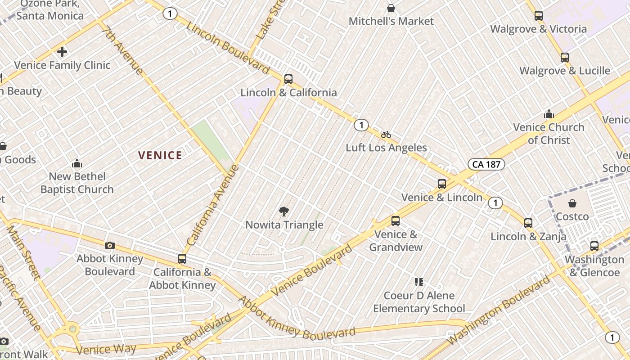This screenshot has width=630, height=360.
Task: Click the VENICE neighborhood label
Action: coord(160,156)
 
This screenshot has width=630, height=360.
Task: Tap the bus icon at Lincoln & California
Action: coord(288,79)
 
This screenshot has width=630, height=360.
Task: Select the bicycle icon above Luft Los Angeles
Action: coord(386,134)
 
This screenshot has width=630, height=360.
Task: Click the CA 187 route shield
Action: coord(486,164)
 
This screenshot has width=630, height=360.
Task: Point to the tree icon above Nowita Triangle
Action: coord(284,211)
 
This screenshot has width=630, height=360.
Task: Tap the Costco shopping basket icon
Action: coord(572,203)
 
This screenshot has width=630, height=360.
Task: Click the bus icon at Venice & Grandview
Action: coord(396,220)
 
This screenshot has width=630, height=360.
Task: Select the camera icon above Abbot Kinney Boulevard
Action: coord(109,245)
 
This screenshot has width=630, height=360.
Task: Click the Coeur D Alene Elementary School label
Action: coord(419,302)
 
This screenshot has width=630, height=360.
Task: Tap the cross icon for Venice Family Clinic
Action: coord(62,52)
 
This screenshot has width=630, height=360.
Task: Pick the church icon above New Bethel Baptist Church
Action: coord(77,163)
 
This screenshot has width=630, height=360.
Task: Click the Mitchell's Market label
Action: coord(391,21)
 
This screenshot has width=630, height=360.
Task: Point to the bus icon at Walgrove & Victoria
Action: coord(539,16)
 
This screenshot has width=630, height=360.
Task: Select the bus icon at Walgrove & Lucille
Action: coord(565,57)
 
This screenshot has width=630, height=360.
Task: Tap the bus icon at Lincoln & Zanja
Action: coord(528,223)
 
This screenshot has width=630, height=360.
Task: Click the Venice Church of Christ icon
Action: coord(549,114)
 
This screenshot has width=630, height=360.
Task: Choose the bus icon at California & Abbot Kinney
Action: coord(182,259)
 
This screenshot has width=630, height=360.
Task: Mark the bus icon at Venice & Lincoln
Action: coord(442,184)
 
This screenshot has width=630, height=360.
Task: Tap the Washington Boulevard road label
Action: coord(499,310)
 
